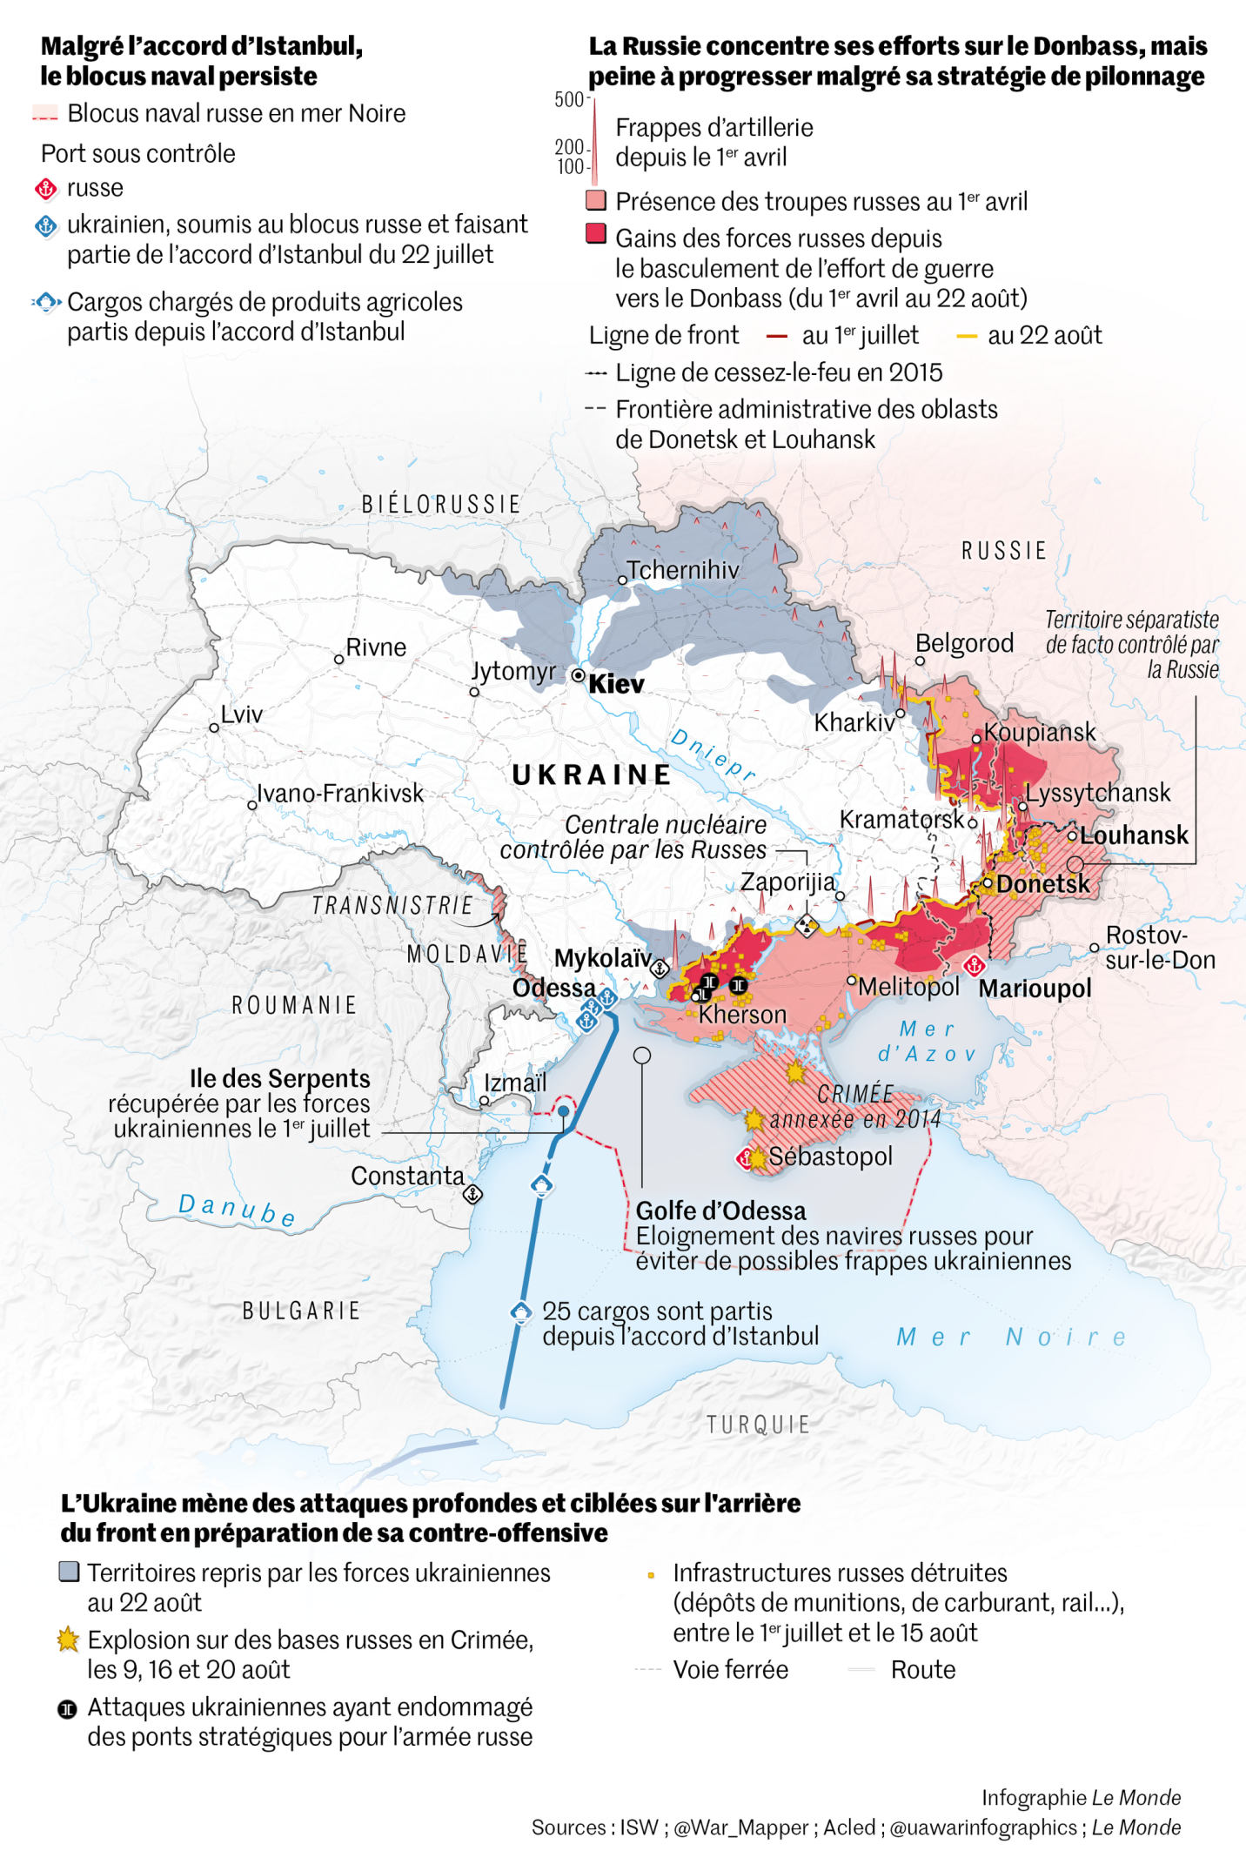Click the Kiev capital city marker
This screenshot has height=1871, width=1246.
579,675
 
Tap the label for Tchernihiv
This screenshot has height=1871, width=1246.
683,570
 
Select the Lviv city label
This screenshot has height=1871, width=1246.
241,714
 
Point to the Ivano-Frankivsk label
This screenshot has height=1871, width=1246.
340,793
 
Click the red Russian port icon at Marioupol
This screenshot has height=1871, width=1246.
974,965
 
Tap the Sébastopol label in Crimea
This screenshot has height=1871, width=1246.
830,1157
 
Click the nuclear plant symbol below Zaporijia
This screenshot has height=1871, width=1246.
807,926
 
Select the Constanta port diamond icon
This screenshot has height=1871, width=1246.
472,1194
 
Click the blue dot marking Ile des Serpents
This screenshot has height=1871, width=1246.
564,1111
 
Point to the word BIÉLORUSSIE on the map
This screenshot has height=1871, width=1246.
441,504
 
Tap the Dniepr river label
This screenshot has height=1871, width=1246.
713,754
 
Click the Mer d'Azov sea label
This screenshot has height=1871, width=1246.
927,1042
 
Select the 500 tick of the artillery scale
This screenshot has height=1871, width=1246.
570,99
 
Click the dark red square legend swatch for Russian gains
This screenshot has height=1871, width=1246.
596,233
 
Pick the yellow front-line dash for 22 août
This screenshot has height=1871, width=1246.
967,336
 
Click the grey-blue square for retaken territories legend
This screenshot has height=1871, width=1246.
69,1572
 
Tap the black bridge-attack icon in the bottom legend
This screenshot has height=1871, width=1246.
68,1710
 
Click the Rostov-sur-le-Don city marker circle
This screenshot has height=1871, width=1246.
1095,948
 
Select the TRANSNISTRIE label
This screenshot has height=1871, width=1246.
392,906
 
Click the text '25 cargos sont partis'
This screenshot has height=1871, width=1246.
657,1311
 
